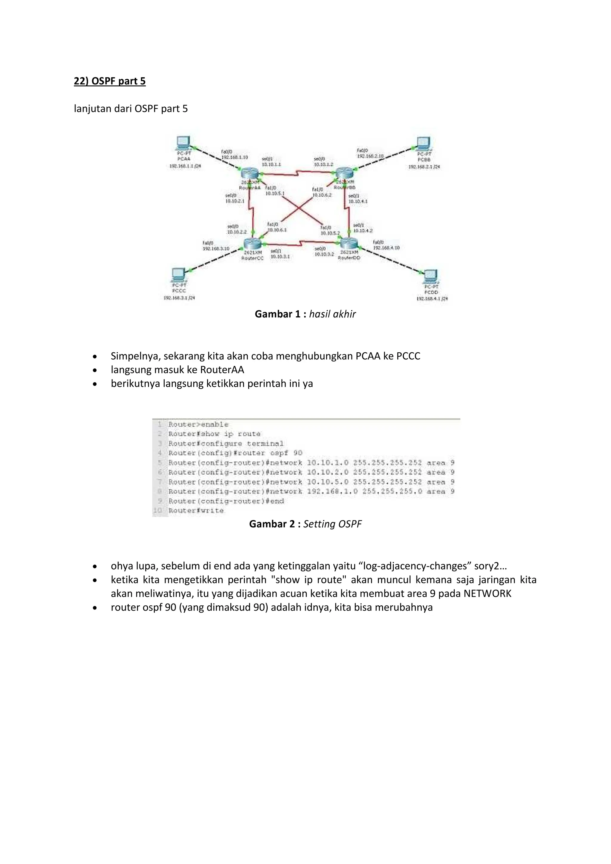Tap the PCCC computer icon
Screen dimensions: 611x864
(x=178, y=275)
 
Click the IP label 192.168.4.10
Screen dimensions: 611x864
(x=386, y=248)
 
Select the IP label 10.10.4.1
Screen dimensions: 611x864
(x=358, y=201)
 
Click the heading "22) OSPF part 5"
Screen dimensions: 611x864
(x=109, y=81)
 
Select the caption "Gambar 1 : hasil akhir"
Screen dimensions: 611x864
(x=305, y=314)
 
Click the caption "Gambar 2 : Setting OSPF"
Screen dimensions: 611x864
(x=305, y=524)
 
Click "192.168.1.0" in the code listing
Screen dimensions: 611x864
(x=332, y=491)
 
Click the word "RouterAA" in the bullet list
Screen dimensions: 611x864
(x=222, y=370)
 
